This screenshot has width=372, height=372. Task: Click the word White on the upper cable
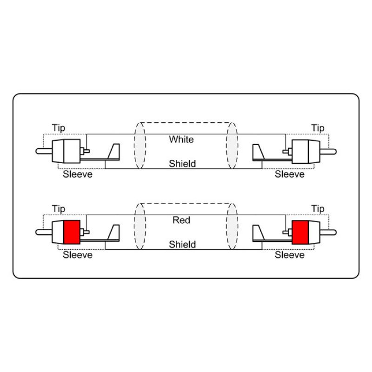[181, 139]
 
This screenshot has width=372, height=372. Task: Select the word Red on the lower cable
[181, 220]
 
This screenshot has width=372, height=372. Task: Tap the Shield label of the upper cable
[182, 164]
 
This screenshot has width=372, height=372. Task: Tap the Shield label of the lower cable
[182, 245]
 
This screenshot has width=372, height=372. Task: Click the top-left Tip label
[59, 128]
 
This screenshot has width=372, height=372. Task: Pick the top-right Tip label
[318, 128]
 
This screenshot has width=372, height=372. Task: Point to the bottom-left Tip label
[59, 209]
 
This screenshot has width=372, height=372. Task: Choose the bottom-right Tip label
[318, 209]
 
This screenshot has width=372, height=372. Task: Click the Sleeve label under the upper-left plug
[78, 174]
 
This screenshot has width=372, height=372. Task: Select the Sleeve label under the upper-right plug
[289, 174]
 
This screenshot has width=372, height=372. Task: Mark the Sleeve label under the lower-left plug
[78, 255]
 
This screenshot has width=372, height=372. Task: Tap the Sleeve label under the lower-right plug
[289, 255]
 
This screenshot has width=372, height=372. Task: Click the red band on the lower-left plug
[72, 232]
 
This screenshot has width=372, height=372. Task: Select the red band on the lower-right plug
[300, 232]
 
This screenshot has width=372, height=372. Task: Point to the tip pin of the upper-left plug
[44, 152]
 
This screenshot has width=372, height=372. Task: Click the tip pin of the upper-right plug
[328, 152]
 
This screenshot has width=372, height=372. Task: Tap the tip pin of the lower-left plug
[44, 232]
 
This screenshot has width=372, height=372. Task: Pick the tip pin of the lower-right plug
[328, 232]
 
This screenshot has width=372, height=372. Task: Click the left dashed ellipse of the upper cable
[134, 146]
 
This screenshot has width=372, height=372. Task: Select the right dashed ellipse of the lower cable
[238, 226]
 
